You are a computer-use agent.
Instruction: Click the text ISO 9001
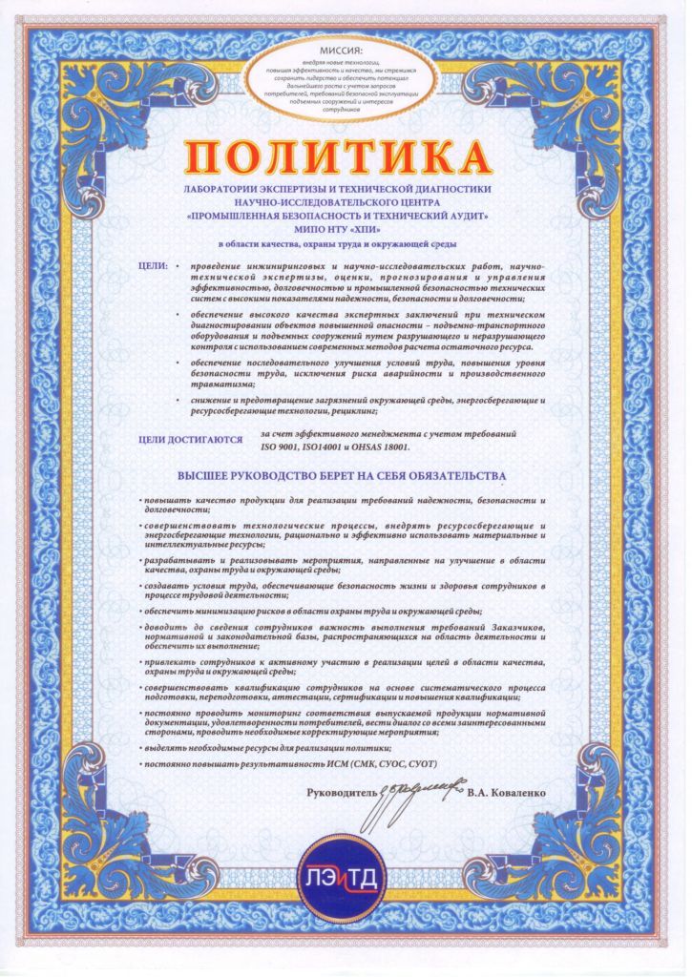pos(282,446)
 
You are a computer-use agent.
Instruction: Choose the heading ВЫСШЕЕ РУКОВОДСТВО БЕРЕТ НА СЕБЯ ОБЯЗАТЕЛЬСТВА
pos(346,475)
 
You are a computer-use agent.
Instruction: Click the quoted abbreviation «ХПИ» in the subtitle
pos(378,231)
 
